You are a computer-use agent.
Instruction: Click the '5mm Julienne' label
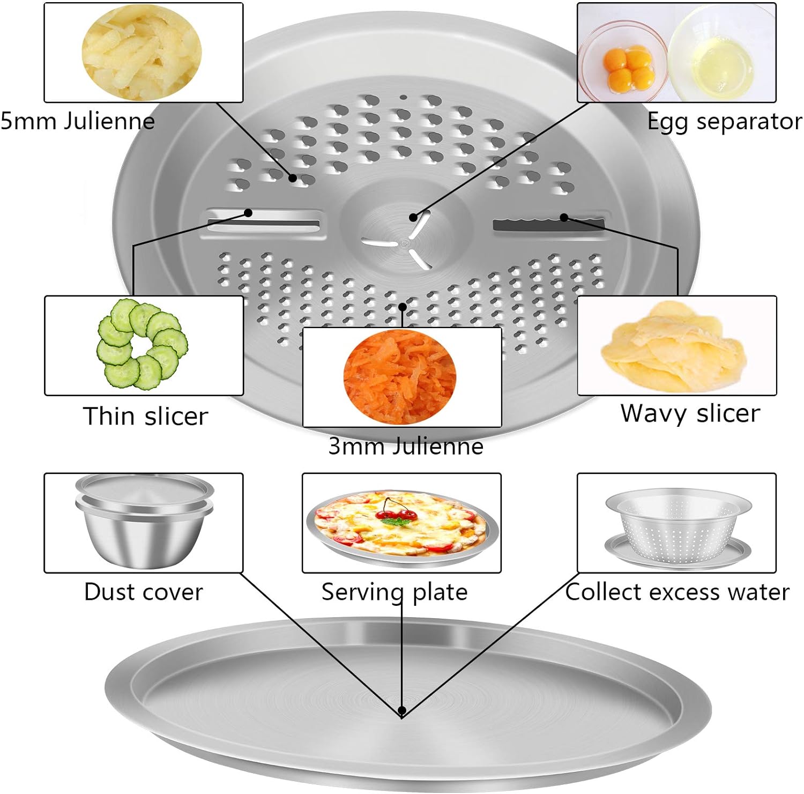[x=78, y=121]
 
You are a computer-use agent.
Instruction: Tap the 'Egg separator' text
[x=725, y=121]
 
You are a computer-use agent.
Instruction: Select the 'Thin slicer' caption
[x=145, y=416]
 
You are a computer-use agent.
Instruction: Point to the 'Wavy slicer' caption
[x=690, y=413]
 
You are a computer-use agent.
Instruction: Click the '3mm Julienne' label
[x=406, y=446]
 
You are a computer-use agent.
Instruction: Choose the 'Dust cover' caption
[x=144, y=592]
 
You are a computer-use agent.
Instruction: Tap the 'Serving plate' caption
[x=394, y=592]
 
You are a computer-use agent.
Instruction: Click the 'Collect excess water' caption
[x=678, y=592]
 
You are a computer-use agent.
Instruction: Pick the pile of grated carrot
[x=400, y=376]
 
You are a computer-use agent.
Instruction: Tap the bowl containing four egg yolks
[x=622, y=61]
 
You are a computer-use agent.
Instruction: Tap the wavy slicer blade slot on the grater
[x=549, y=224]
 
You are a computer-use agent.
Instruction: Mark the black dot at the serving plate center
[x=402, y=711]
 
